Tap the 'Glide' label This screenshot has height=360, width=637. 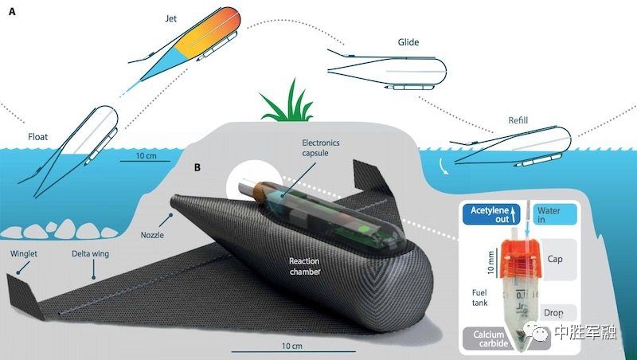(408, 41)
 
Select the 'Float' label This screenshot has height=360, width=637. (37, 137)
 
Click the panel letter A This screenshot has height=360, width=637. (13, 13)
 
